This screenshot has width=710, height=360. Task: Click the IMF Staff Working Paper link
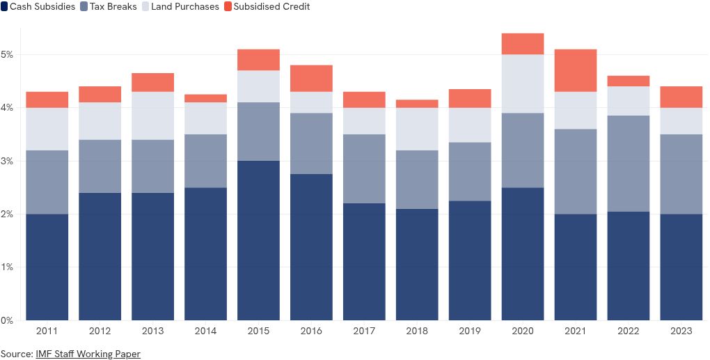tap(88, 354)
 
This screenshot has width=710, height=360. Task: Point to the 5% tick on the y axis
tap(8, 54)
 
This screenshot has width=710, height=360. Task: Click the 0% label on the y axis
tap(8, 320)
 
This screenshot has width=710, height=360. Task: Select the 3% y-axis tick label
tap(8, 161)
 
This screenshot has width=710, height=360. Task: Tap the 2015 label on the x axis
tap(258, 331)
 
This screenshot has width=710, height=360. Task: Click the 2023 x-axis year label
tap(681, 331)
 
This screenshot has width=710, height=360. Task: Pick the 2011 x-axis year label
tap(47, 331)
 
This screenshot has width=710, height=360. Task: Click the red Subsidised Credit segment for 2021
tap(575, 70)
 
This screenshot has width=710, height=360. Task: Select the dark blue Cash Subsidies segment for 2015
tap(258, 240)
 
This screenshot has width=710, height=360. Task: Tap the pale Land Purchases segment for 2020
tap(522, 84)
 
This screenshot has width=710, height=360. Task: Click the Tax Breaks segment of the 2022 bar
tap(628, 164)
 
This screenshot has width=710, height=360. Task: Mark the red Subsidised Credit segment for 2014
tap(205, 98)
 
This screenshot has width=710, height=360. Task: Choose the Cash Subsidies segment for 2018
tap(417, 265)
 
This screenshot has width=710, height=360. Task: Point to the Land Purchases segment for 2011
tap(47, 129)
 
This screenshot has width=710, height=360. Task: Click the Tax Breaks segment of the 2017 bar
tap(364, 169)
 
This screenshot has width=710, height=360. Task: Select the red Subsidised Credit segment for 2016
tap(311, 79)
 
